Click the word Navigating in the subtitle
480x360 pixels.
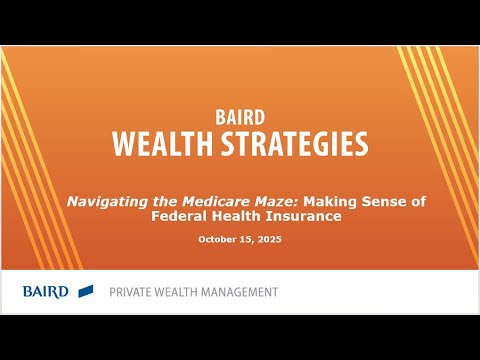point(104,201)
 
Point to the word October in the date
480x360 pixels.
point(217,239)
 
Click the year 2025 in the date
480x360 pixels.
point(270,239)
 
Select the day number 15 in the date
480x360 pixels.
point(246,239)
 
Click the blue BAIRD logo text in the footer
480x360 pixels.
point(44,292)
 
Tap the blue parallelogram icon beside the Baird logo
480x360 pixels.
point(85,291)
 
